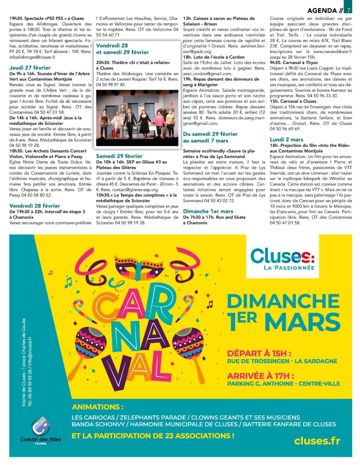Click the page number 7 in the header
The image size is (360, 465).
(348, 10)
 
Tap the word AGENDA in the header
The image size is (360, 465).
(322, 11)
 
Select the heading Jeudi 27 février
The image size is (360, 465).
(30, 68)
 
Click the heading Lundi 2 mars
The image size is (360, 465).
(287, 139)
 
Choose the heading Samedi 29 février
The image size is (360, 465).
(119, 156)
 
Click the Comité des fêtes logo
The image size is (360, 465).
(41, 430)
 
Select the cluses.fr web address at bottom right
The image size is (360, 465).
(317, 440)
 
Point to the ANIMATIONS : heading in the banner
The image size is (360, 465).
(98, 407)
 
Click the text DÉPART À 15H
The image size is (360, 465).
(259, 353)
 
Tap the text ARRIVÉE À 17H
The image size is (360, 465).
(261, 376)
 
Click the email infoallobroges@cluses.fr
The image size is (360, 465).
(32, 57)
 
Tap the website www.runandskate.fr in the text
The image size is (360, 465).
(332, 51)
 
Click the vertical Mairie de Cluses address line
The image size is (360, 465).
(24, 362)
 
